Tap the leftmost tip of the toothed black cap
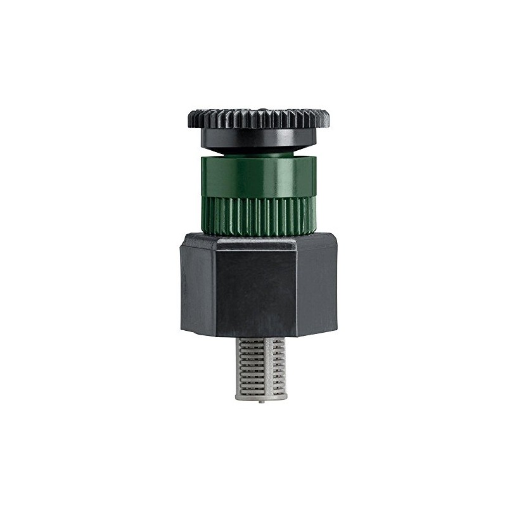click(x=188, y=118)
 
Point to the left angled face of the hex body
click(x=198, y=279)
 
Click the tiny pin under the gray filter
click(x=260, y=401)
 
